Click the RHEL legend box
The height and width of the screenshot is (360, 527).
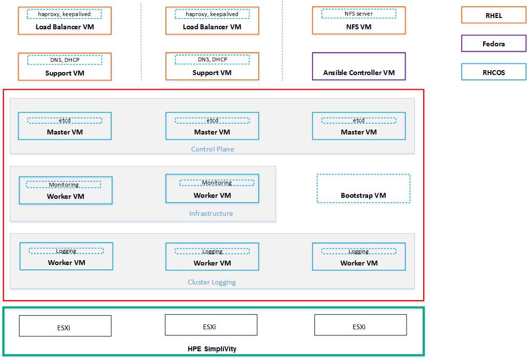[x=493, y=16]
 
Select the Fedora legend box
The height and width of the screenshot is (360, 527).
[x=493, y=44]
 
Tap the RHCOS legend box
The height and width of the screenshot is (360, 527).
[x=493, y=72]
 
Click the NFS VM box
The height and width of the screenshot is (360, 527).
[x=359, y=20]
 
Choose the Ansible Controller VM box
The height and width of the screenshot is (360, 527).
[x=359, y=66]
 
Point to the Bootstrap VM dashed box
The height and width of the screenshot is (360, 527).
[x=363, y=189]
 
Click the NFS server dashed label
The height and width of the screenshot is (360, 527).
[x=359, y=14]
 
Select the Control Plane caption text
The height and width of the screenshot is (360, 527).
[x=213, y=149]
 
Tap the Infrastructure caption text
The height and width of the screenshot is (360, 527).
[x=211, y=213]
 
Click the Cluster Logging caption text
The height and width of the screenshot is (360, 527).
[x=212, y=282]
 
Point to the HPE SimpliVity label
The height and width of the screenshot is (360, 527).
[x=212, y=349]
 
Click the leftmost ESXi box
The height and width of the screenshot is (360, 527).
[x=65, y=326]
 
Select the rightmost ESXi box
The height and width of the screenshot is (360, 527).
[x=360, y=325]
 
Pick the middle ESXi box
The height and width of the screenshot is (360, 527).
[x=211, y=325]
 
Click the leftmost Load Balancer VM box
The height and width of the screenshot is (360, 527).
[x=65, y=20]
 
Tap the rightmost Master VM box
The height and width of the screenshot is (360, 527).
[x=359, y=126]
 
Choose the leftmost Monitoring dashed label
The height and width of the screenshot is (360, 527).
[x=63, y=185]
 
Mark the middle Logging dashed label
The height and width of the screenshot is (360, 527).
[x=212, y=251]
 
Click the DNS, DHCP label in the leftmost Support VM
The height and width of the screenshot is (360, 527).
[x=65, y=60]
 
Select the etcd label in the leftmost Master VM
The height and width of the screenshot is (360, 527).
[x=65, y=120]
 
